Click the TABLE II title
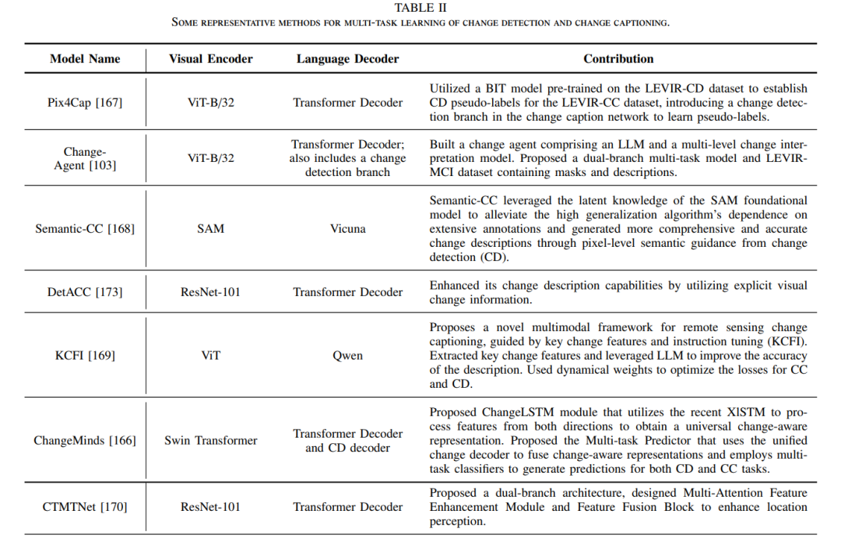click(x=420, y=8)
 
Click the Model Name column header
click(x=85, y=59)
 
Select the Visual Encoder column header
click(x=211, y=59)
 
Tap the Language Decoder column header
click(x=347, y=59)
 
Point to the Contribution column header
click(x=618, y=59)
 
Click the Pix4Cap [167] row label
click(x=85, y=102)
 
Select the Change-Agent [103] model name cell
click(x=85, y=158)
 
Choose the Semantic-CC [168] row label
click(x=85, y=228)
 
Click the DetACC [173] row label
click(x=85, y=292)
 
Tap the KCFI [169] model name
click(x=85, y=355)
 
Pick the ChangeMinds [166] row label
click(x=85, y=441)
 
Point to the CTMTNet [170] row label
click(x=85, y=507)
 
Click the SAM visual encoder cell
click(x=211, y=228)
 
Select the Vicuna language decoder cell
click(x=347, y=228)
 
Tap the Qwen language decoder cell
click(x=347, y=355)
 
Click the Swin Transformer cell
click(x=211, y=441)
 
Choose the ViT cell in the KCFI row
click(x=211, y=355)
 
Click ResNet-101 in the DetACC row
click(x=211, y=292)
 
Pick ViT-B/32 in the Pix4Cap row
click(x=211, y=102)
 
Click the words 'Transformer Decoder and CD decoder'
click(x=347, y=441)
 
